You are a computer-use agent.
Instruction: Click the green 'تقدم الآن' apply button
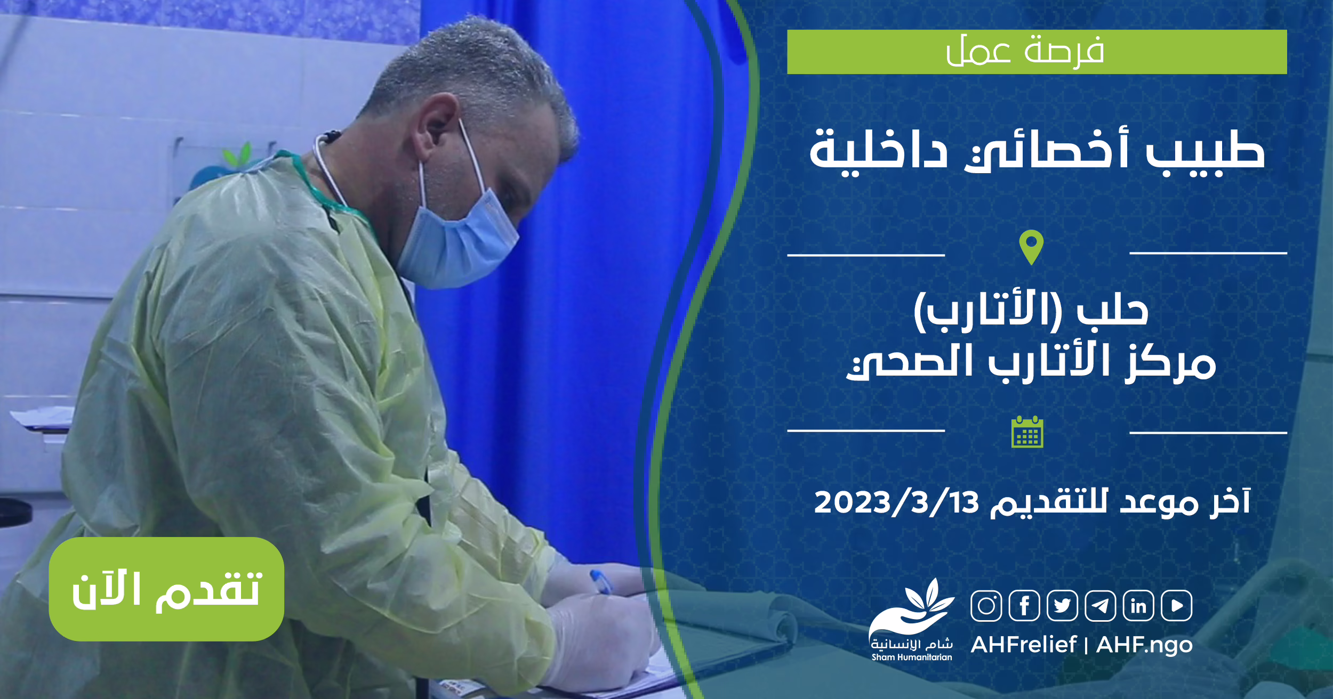coord(166,589)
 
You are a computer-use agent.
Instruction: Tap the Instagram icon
coord(986,606)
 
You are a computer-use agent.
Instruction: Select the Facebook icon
coord(1024,606)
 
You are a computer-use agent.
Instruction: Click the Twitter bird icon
coord(1062,606)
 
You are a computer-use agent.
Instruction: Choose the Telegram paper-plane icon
coord(1101,606)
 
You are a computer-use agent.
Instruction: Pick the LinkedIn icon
coord(1138,606)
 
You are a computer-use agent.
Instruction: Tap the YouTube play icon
coord(1177,606)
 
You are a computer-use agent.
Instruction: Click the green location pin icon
coord(1031,247)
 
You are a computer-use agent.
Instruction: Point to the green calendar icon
coord(1027,432)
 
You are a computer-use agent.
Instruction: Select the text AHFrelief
coord(1024,645)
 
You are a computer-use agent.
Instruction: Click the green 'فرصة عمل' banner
coord(1037,52)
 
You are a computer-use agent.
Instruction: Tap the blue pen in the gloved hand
coord(601,581)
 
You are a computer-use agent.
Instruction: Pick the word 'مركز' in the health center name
coord(1170,362)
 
